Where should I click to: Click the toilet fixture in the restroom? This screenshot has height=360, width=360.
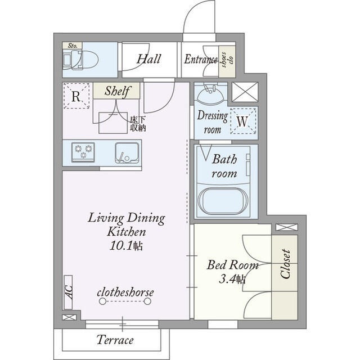click(x=80, y=60)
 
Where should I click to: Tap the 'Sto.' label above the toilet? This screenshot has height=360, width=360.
click(x=73, y=46)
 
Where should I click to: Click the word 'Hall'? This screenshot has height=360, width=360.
click(x=148, y=58)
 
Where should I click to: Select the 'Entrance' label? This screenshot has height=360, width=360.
click(x=201, y=59)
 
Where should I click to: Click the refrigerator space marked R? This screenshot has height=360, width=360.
click(x=76, y=96)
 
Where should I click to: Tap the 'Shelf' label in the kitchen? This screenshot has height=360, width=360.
click(x=118, y=91)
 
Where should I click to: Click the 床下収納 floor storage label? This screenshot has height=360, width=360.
click(x=138, y=124)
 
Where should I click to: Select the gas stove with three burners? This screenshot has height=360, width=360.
click(x=83, y=152)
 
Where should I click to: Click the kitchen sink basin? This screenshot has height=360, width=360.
click(x=127, y=152)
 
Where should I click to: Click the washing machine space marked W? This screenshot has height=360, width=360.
click(x=243, y=121)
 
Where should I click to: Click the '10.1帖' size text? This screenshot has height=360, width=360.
click(x=126, y=246)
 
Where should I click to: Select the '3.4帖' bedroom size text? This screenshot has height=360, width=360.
click(x=232, y=279)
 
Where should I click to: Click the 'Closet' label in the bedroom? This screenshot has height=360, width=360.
click(x=285, y=264)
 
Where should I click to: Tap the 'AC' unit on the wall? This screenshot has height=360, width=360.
click(x=68, y=292)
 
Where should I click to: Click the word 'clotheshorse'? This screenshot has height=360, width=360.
click(x=125, y=292)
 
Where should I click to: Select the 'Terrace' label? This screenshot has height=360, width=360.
click(x=115, y=340)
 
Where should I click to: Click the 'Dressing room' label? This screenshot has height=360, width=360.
click(x=213, y=122)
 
